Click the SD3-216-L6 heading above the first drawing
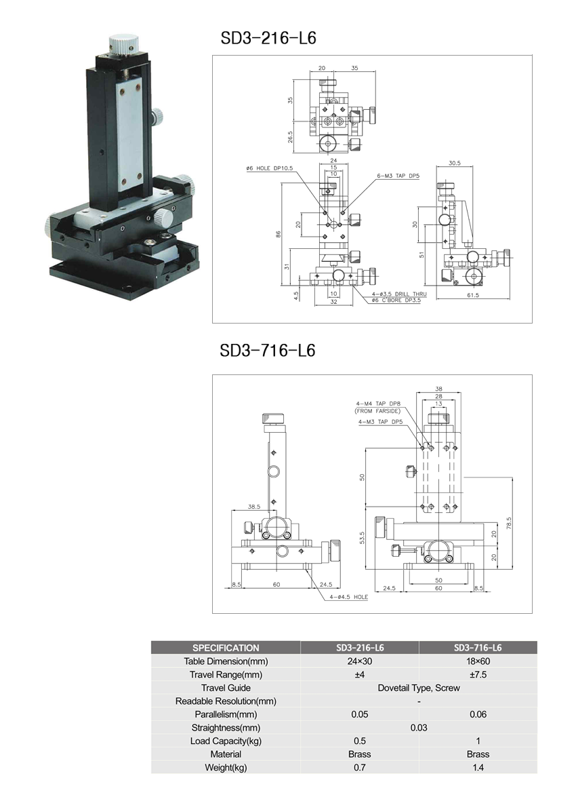point(268,38)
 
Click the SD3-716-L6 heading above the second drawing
point(268,350)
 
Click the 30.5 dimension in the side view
point(455,163)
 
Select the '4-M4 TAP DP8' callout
point(377,404)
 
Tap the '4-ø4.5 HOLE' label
point(349,597)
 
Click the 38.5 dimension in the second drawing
point(254,506)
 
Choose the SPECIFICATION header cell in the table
point(226,648)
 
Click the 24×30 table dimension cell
point(360,661)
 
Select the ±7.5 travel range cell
point(478,674)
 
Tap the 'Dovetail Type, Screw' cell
point(418,688)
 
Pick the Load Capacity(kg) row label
point(226,741)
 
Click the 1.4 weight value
point(478,767)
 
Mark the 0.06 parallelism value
point(478,714)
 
